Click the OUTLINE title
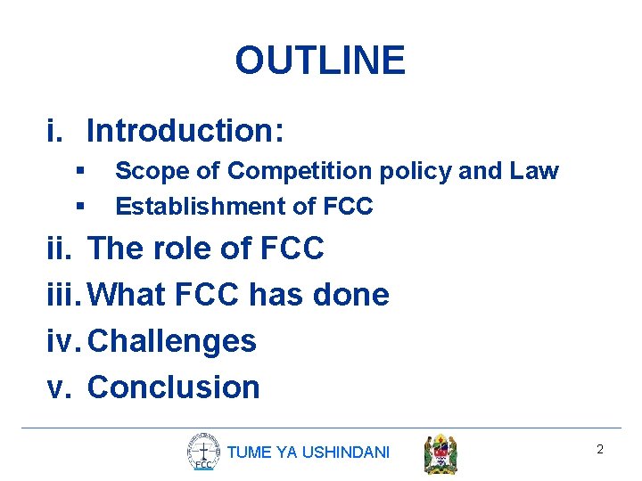pos(320,61)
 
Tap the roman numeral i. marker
pos(55,131)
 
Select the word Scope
pos(144,171)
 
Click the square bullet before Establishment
pos(80,206)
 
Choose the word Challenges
pos(173,341)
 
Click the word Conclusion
pos(174,387)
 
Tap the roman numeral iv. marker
pos(64,341)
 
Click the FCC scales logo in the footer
pos(203,452)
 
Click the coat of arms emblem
pos(440,453)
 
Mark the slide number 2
pos(600,450)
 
